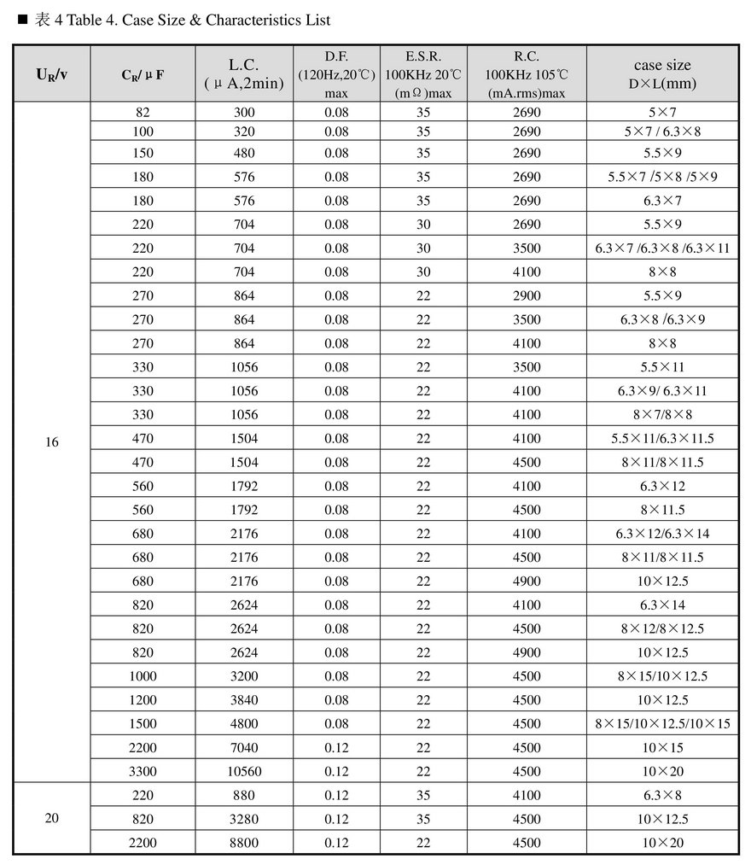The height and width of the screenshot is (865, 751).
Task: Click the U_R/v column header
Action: (x=52, y=73)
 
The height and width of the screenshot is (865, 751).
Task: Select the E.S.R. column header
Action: (x=423, y=73)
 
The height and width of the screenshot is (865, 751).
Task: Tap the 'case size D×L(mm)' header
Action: (x=662, y=73)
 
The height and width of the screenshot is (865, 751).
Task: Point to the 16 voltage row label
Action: (x=52, y=442)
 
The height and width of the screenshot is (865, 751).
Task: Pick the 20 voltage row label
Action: (x=52, y=818)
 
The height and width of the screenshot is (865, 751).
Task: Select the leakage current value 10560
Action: (x=244, y=771)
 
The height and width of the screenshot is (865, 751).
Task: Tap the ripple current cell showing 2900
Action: (x=527, y=295)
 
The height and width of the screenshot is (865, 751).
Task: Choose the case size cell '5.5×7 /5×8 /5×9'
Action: (x=662, y=177)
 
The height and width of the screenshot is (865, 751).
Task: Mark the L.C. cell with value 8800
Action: (x=244, y=843)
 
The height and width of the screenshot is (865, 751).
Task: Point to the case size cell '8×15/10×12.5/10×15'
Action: (x=662, y=723)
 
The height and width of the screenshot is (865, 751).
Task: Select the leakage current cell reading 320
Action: (x=244, y=132)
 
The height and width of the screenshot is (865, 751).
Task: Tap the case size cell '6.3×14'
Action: (x=662, y=605)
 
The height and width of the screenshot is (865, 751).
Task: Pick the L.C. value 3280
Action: (x=244, y=819)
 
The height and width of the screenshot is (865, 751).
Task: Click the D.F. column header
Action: (x=336, y=73)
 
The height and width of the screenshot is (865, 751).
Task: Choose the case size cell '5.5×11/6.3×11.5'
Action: (x=662, y=438)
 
